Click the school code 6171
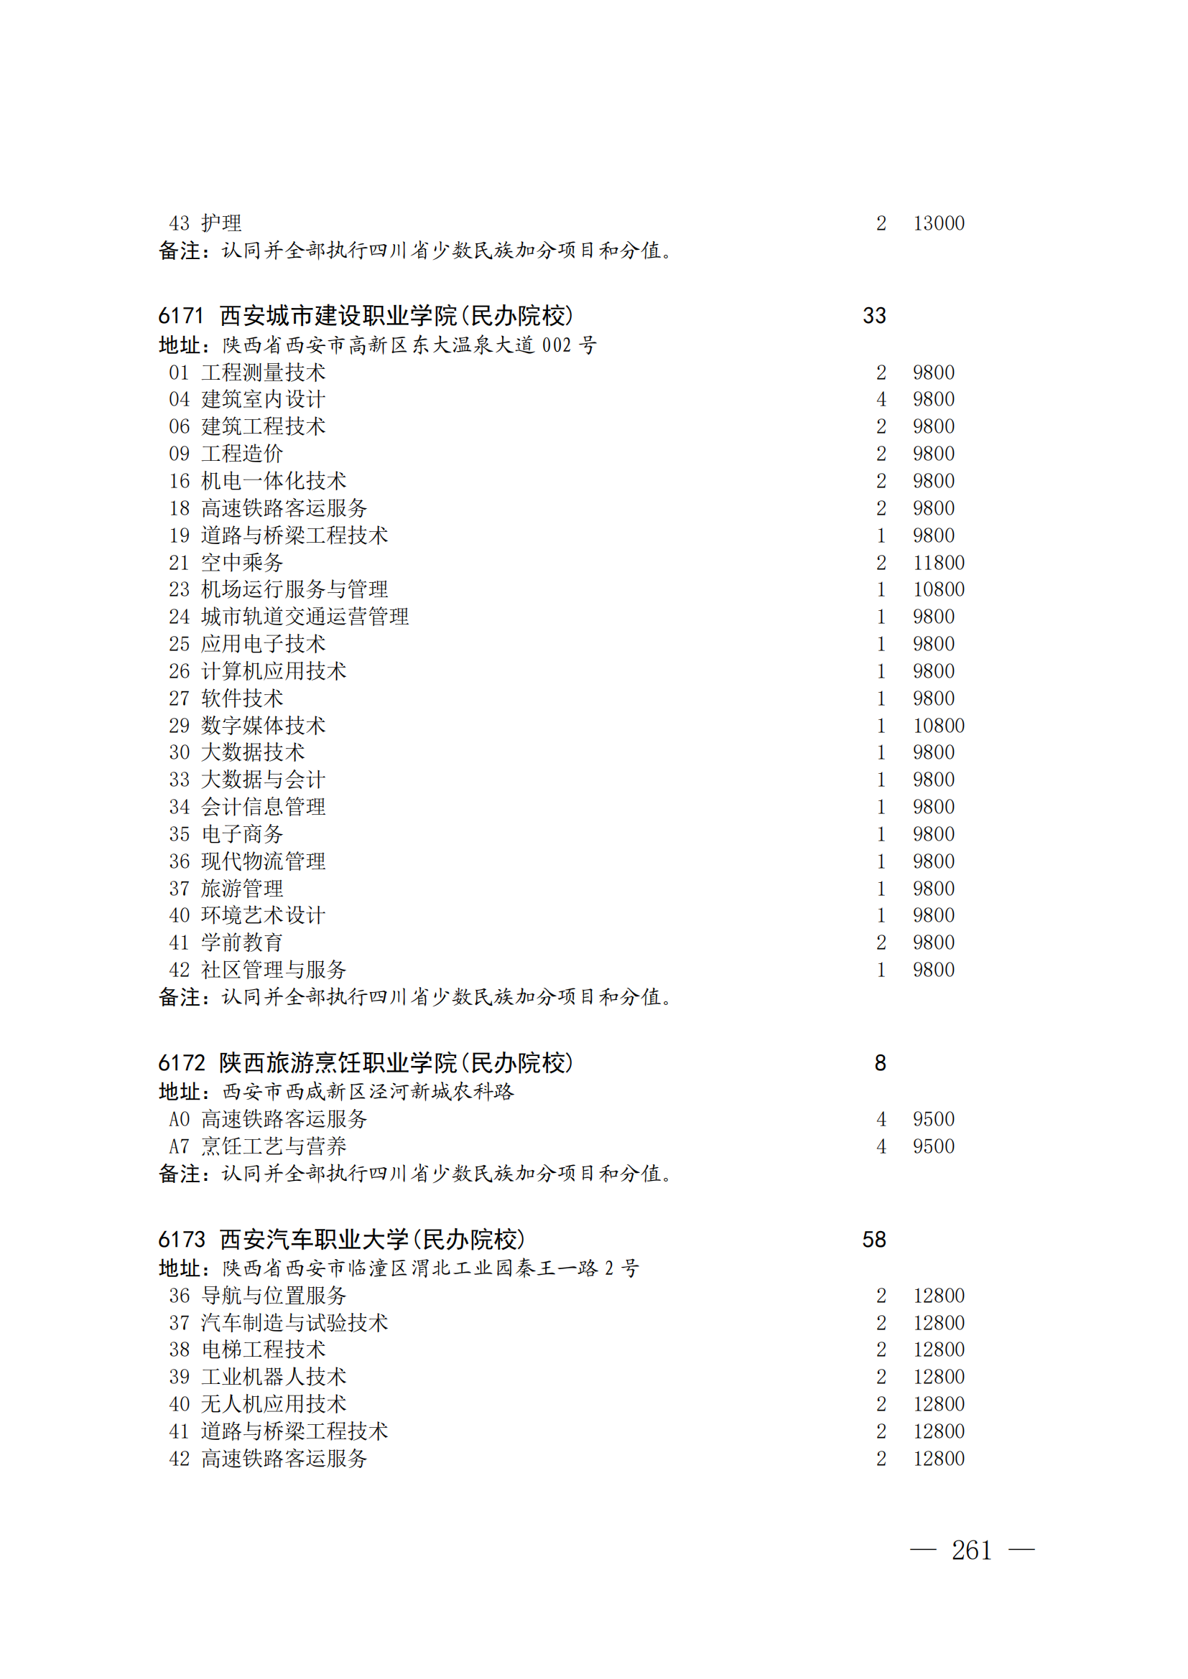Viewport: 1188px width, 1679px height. pos(181,316)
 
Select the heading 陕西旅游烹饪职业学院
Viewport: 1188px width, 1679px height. pos(338,1062)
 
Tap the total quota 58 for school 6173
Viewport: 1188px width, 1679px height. pos(874,1240)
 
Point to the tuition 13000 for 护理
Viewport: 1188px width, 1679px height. pos(939,223)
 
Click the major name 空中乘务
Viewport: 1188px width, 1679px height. pos(242,562)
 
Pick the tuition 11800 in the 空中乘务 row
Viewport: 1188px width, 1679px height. pos(939,562)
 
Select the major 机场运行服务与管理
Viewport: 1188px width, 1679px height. pos(294,589)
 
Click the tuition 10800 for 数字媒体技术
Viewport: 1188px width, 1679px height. pos(939,726)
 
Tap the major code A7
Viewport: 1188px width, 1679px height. pos(180,1146)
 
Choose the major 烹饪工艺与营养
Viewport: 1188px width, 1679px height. pos(274,1146)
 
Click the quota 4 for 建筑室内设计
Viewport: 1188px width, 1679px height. pos(881,399)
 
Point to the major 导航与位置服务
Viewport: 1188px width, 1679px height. pos(274,1296)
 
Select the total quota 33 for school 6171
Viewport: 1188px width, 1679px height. pos(874,316)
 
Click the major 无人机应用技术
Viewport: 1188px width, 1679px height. pos(274,1404)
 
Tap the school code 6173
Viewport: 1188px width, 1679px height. pos(181,1240)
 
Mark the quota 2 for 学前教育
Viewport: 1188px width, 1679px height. pos(881,943)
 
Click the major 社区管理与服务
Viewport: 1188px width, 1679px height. pos(274,970)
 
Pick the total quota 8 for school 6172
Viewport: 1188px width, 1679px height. pos(880,1062)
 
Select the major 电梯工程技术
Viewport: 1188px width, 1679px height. pos(264,1350)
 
